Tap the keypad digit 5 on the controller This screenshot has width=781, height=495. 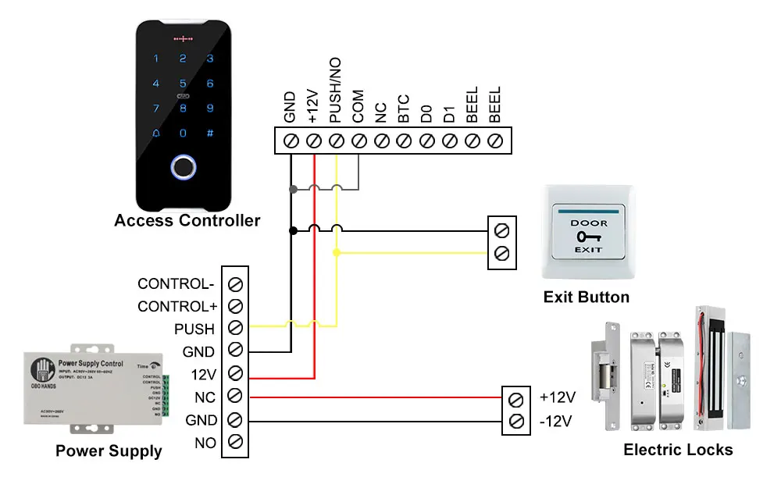pyautogui.click(x=183, y=84)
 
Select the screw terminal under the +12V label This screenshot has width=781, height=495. pyautogui.click(x=313, y=141)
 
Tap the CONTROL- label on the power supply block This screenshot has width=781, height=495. pyautogui.click(x=176, y=283)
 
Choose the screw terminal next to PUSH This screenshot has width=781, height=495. pyautogui.click(x=234, y=328)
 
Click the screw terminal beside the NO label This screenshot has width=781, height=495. pyautogui.click(x=234, y=443)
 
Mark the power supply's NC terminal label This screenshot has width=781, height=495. pyautogui.click(x=205, y=397)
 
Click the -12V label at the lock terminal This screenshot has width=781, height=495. pyautogui.click(x=556, y=422)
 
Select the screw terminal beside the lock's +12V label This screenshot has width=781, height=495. pyautogui.click(x=515, y=399)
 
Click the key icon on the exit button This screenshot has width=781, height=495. pyautogui.click(x=587, y=237)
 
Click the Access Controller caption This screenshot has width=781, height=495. pyautogui.click(x=187, y=221)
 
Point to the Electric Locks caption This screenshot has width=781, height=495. pyautogui.click(x=678, y=450)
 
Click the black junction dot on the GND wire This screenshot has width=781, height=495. pyautogui.click(x=293, y=230)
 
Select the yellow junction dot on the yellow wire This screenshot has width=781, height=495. pyautogui.click(x=337, y=253)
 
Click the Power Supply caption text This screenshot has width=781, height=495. pyautogui.click(x=109, y=451)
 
